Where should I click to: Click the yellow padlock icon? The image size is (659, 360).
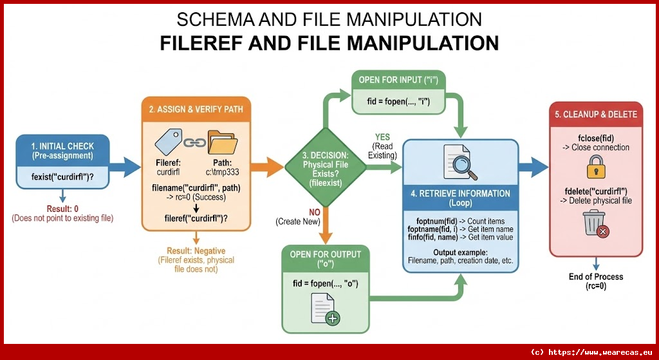[595, 169]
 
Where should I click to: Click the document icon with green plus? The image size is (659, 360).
[325, 308]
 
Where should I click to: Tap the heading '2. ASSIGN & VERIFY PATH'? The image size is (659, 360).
[196, 109]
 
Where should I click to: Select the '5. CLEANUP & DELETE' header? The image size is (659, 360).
[595, 114]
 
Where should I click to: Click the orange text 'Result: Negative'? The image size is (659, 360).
[196, 251]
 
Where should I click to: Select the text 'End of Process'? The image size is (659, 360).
[595, 276]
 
